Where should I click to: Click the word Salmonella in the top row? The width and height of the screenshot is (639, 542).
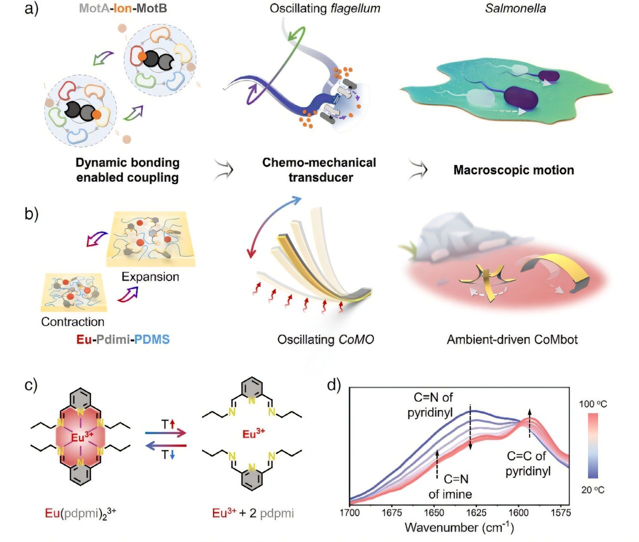(x=515, y=8)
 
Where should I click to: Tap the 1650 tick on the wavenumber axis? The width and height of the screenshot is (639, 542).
(x=434, y=512)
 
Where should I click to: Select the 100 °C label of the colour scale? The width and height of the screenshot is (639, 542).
(x=593, y=404)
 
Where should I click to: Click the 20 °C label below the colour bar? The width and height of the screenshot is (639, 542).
(x=593, y=490)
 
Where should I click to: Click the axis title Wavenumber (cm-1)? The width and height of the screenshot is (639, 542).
(x=459, y=528)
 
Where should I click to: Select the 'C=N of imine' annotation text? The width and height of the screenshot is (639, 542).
(x=450, y=487)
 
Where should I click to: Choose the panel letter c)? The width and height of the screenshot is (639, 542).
(x=31, y=385)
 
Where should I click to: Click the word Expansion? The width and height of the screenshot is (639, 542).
(x=150, y=277)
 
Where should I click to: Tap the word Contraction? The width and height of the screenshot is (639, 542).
(x=73, y=322)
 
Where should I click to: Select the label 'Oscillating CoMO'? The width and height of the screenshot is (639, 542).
(x=325, y=340)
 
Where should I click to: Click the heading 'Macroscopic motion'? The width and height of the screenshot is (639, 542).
(x=514, y=170)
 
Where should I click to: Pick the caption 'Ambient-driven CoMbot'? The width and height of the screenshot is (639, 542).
(x=512, y=340)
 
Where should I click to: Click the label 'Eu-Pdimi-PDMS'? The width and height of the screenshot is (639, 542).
(x=123, y=340)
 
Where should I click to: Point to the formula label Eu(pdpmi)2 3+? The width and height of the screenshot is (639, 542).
(x=80, y=513)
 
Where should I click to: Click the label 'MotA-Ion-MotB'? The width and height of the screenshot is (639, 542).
(x=123, y=8)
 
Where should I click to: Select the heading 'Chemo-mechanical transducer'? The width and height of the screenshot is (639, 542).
(x=319, y=170)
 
